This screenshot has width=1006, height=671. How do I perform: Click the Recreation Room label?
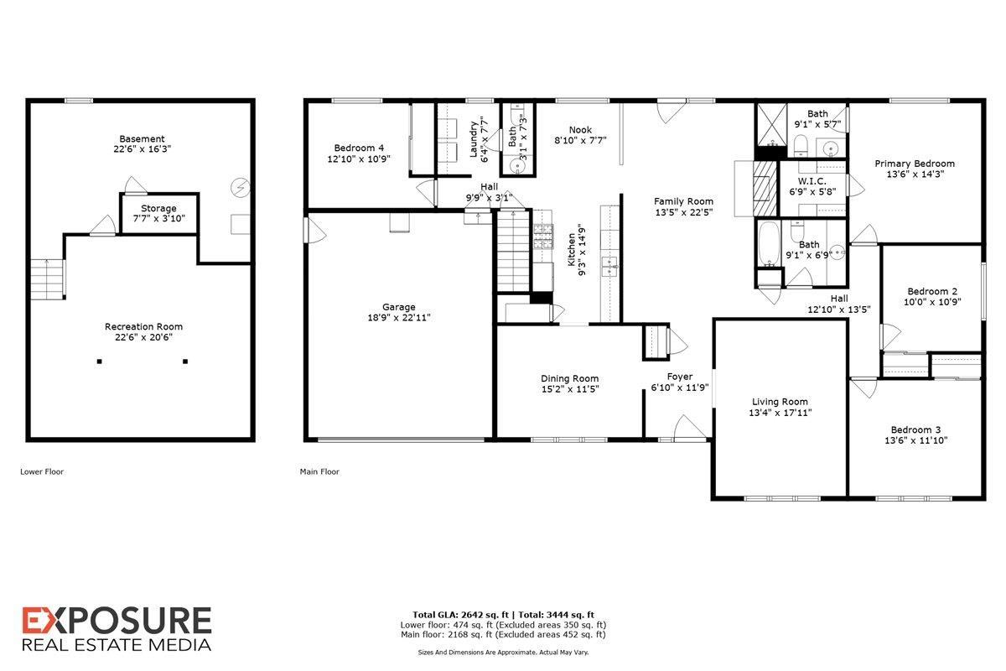pos(143,326)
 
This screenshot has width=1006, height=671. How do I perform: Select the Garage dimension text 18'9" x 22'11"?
pos(400,318)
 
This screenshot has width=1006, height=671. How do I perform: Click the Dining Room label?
pos(569,378)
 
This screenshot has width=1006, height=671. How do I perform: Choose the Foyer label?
pos(679,377)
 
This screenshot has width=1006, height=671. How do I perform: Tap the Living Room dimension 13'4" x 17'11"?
pos(780,413)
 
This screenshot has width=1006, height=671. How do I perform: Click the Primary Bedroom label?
pos(915,164)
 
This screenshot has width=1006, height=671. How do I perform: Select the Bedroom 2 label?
pos(931,291)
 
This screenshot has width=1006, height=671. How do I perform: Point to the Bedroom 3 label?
pos(915,429)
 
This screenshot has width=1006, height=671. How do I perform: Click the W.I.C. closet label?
pos(812,181)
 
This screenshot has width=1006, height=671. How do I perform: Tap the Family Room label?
pos(684,201)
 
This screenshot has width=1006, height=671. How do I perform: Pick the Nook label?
pos(580,130)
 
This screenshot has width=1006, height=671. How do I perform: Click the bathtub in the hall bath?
pos(768,244)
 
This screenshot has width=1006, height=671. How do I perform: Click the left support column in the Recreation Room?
pos(99,362)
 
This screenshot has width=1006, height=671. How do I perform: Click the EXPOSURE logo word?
pos(117,622)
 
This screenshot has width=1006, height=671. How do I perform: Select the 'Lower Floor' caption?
pos(42,471)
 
